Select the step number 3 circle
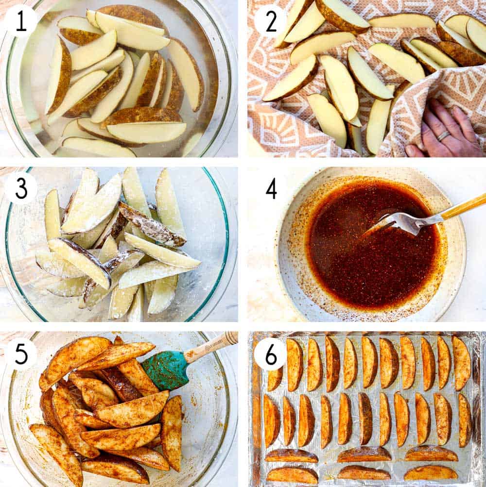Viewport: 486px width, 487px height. pyautogui.click(x=21, y=187)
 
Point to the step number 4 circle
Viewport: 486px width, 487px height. pyautogui.click(x=271, y=188)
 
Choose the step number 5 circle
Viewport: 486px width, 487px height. pyautogui.click(x=21, y=354)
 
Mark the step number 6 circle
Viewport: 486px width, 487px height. pyautogui.click(x=270, y=355)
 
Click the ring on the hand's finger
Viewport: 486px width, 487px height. pyautogui.click(x=443, y=136)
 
